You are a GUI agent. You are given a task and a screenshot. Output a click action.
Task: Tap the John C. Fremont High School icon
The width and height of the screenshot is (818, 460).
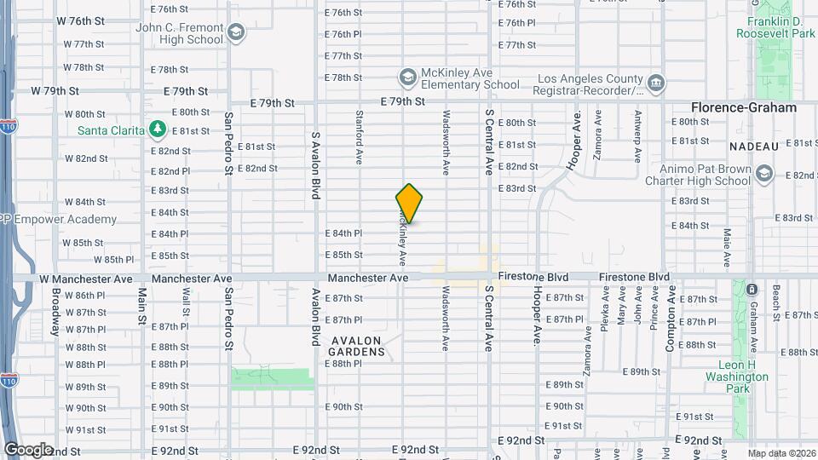tap(236, 33)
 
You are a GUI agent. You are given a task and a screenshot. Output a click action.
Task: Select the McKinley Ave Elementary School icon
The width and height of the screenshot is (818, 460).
tap(408, 78)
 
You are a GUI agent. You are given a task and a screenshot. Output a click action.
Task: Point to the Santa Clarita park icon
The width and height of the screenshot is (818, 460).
tap(157, 129)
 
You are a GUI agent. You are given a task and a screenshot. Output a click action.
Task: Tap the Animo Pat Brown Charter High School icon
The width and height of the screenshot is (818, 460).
tap(763, 174)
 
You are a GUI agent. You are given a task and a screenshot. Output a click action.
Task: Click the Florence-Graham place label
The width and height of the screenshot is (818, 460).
tap(743, 108)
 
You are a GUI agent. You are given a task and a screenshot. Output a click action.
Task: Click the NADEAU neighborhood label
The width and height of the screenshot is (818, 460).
tap(754, 147)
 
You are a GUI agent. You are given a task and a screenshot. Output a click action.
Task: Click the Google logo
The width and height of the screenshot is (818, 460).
tap(28, 450)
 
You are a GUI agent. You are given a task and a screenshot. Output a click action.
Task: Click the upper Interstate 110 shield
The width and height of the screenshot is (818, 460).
tap(8, 128)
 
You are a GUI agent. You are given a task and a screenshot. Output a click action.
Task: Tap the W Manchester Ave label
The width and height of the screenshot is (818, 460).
tap(86, 279)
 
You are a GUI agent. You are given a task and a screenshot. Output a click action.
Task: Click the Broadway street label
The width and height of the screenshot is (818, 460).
tap(55, 312)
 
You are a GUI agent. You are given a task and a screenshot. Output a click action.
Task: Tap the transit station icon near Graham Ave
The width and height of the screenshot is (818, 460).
tap(752, 290)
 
